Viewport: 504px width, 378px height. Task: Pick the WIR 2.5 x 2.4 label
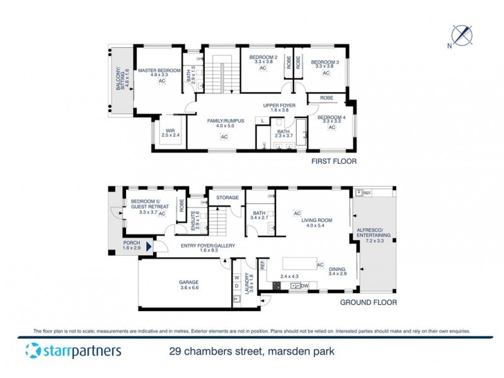point(170,132)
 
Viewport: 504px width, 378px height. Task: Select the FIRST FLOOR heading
point(334,161)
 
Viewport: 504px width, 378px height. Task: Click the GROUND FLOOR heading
point(369,302)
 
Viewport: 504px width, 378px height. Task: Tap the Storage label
point(227,198)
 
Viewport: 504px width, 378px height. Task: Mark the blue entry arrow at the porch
point(149,247)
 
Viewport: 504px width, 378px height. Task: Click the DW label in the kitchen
point(304,287)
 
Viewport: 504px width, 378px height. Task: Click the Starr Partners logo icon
point(33,351)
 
